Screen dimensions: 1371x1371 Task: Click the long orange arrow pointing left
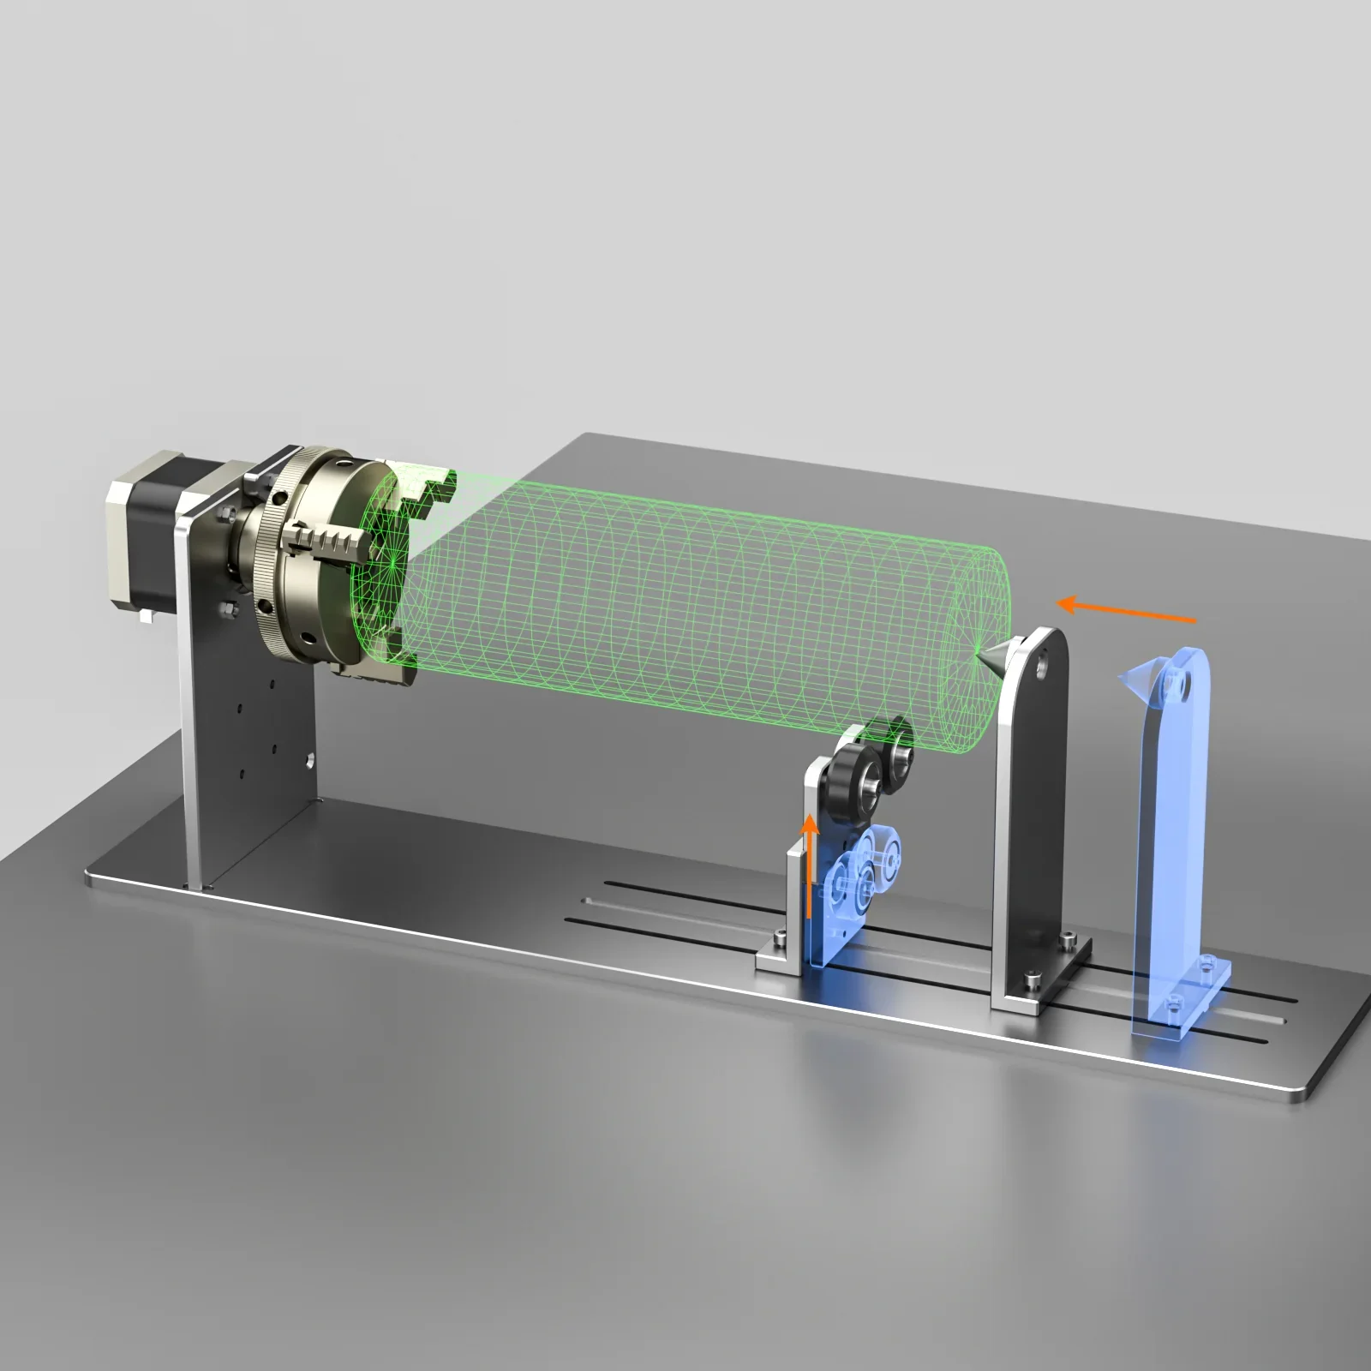[x=1126, y=611]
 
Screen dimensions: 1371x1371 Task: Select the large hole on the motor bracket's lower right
[x=306, y=757]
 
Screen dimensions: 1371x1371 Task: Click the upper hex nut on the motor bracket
[x=226, y=514]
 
